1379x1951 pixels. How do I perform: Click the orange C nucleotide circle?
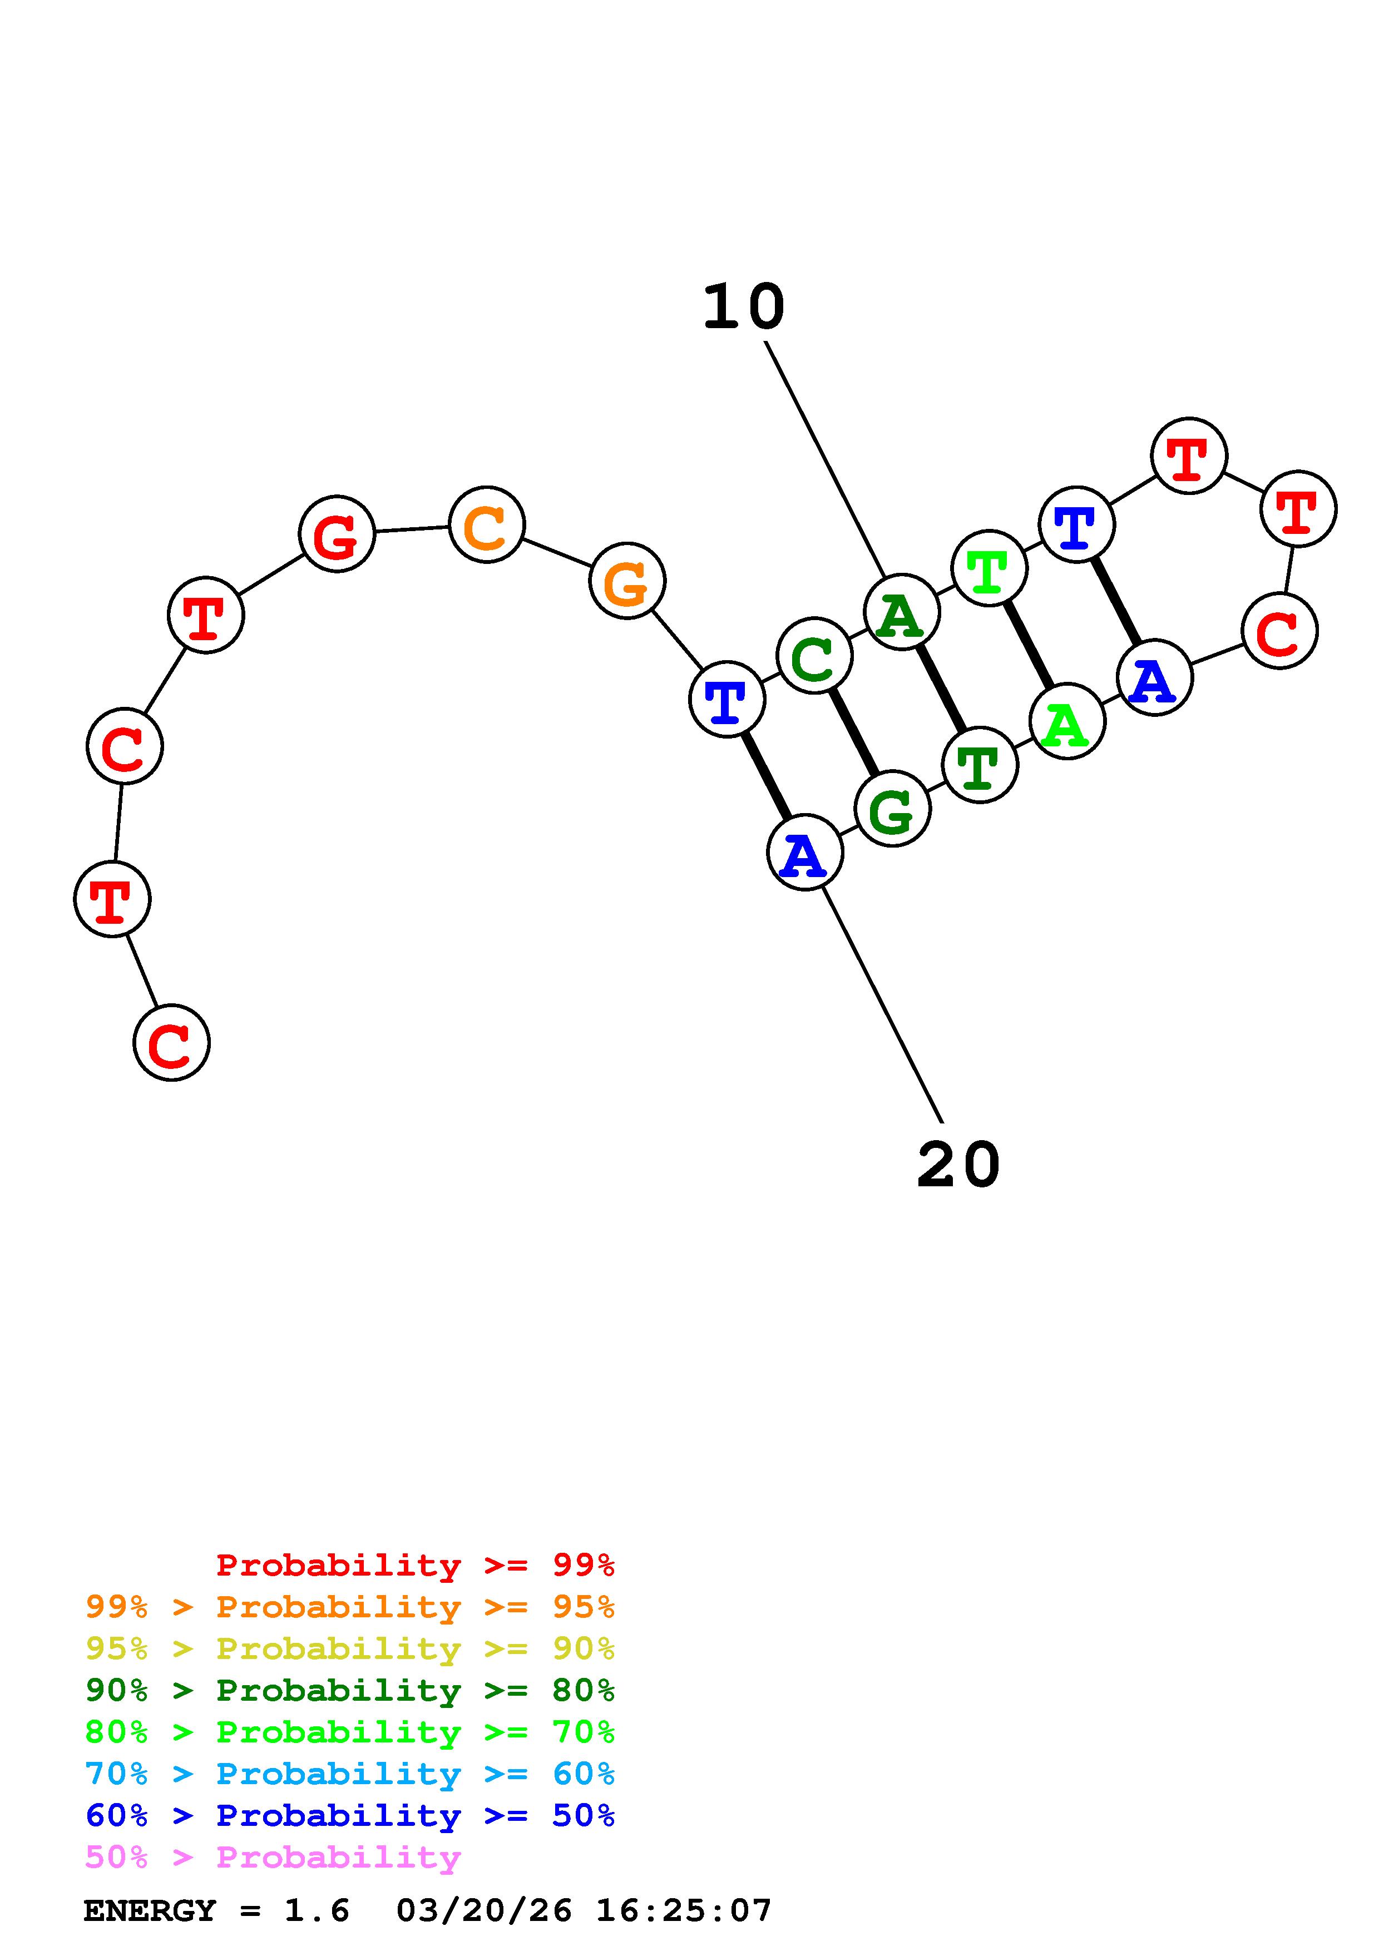click(x=486, y=524)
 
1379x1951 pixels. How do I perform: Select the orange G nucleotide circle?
click(x=627, y=581)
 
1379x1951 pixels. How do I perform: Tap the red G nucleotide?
click(x=337, y=534)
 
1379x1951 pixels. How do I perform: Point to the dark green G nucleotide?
click(x=893, y=809)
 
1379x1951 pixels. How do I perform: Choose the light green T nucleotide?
click(x=989, y=568)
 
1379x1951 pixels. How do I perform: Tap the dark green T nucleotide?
click(x=980, y=765)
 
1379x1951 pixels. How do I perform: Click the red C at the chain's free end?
click(x=172, y=1043)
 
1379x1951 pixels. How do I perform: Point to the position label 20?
click(x=958, y=1165)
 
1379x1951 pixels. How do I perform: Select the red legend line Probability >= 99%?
click(x=414, y=1565)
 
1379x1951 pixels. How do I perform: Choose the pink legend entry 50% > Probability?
click(x=273, y=1858)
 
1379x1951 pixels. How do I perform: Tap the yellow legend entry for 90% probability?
click(x=350, y=1648)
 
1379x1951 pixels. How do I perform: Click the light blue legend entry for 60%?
click(x=350, y=1774)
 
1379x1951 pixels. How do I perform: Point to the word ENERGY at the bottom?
click(x=150, y=1911)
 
